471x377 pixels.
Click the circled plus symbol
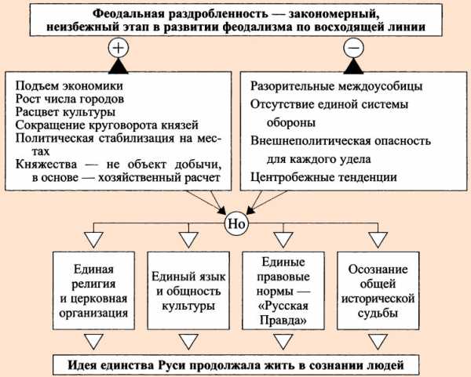point(119,48)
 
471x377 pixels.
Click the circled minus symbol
point(353,48)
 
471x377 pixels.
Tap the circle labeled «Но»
point(237,223)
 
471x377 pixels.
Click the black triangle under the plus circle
point(119,66)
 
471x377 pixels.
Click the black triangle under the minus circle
point(353,66)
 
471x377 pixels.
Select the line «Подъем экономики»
point(69,86)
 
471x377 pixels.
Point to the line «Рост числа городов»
point(70,100)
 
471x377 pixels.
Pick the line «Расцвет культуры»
point(65,112)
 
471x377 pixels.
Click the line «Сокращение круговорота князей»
point(107,125)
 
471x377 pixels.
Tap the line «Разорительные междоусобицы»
point(337,86)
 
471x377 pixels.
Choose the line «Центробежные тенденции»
point(323,177)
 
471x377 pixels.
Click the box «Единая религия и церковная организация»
point(93,291)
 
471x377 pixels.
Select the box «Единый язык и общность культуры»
point(188,291)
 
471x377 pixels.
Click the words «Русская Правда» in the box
point(283,313)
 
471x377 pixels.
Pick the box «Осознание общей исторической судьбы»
point(378,291)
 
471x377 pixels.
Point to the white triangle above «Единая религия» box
point(93,240)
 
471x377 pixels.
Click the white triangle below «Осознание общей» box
point(378,342)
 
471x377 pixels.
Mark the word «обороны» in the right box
point(291,123)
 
